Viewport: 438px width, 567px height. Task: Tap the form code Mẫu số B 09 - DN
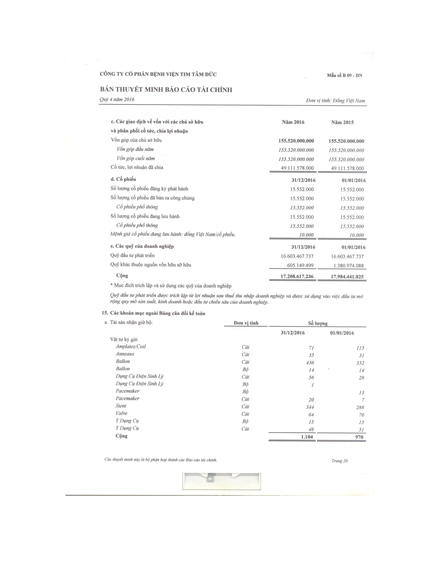(x=344, y=76)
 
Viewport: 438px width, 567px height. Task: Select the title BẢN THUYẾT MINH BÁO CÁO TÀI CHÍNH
(x=166, y=90)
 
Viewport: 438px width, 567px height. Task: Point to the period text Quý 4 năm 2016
(x=117, y=99)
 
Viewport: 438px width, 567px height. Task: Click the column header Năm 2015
(x=342, y=122)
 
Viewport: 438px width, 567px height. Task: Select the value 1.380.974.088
(x=347, y=266)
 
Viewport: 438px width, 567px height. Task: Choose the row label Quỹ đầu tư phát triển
(x=132, y=255)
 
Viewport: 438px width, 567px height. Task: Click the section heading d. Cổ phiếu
(x=123, y=179)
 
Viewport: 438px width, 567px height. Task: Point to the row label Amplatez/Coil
(x=131, y=347)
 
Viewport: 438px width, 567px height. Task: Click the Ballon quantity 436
(x=310, y=363)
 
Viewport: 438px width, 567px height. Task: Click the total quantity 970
(x=359, y=437)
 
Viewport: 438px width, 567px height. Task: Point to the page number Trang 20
(x=339, y=461)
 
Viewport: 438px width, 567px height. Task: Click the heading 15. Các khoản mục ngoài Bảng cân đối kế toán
(x=153, y=313)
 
